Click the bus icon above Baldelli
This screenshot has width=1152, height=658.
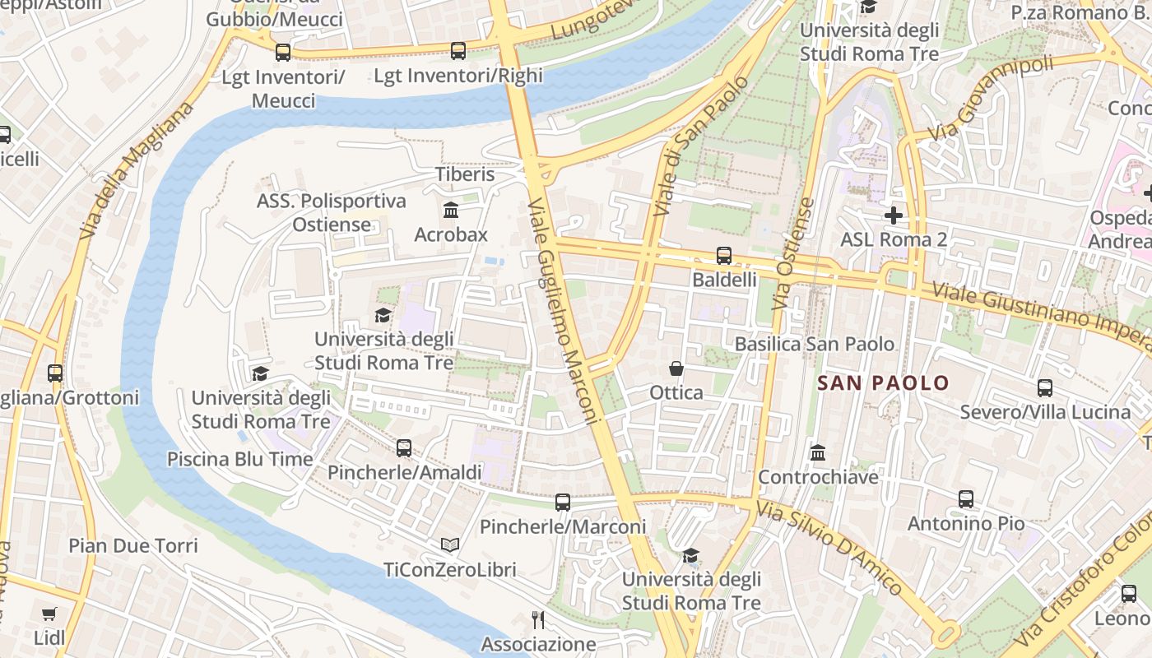[x=724, y=256]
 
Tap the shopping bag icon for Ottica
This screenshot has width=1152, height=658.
[x=676, y=368]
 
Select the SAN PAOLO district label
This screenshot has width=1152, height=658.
[x=883, y=382]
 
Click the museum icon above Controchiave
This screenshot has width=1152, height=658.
[x=818, y=453]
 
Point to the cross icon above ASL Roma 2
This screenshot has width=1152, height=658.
[x=894, y=215]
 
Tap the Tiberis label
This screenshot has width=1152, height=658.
[x=465, y=174]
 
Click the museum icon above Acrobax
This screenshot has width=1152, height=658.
[x=451, y=211]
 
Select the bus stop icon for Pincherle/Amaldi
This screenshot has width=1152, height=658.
[x=404, y=448]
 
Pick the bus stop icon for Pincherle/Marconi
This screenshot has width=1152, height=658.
[x=563, y=503]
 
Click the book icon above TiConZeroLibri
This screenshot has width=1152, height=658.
[x=449, y=545]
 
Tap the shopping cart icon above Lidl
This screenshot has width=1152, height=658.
[x=49, y=614]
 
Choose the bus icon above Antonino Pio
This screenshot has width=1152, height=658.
[x=966, y=499]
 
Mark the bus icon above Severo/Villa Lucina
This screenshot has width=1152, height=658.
[x=1045, y=388]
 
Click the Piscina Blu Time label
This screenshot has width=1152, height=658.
[x=240, y=459]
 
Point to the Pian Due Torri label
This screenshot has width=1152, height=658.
[x=133, y=545]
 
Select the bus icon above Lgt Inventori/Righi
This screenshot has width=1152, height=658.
[x=458, y=51]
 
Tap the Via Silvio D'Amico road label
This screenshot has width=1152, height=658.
[x=830, y=549]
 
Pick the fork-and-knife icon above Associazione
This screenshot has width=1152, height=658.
[x=538, y=620]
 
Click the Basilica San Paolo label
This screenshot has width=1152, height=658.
[x=815, y=344]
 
